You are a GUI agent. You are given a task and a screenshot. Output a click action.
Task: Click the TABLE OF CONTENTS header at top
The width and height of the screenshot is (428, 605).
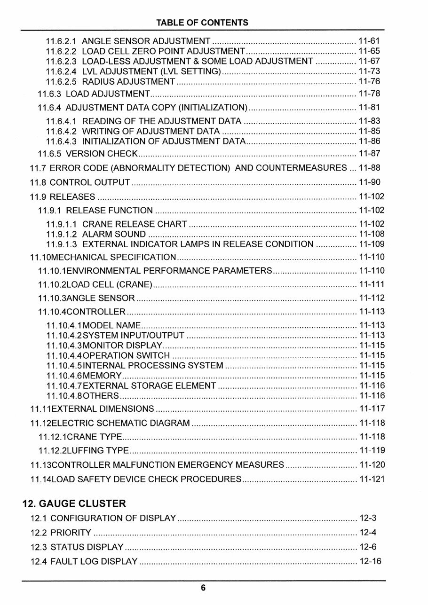click(202, 23)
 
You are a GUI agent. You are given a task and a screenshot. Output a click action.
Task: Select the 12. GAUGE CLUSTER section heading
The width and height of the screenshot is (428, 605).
click(74, 503)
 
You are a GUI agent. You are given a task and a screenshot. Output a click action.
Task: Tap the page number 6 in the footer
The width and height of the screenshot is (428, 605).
click(203, 588)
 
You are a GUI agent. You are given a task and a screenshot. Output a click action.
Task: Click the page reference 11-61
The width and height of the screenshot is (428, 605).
click(369, 41)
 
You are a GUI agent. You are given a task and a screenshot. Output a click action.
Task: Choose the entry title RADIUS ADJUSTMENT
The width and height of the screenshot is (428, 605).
click(128, 82)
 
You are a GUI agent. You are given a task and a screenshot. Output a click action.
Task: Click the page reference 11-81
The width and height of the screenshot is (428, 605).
click(369, 108)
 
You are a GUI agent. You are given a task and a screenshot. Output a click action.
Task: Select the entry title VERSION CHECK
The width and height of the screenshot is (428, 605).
click(102, 154)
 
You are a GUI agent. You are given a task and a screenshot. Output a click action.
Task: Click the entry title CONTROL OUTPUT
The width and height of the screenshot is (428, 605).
click(90, 182)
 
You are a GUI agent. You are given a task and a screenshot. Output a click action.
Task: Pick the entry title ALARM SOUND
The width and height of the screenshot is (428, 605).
click(114, 234)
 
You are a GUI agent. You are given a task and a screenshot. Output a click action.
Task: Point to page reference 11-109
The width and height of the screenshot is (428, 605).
click(372, 244)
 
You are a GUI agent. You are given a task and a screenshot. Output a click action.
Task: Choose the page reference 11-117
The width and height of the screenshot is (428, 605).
click(372, 409)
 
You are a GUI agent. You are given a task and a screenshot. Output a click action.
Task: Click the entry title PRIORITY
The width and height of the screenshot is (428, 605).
click(71, 533)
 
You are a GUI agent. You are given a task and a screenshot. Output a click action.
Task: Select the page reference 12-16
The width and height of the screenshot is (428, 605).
click(370, 561)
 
